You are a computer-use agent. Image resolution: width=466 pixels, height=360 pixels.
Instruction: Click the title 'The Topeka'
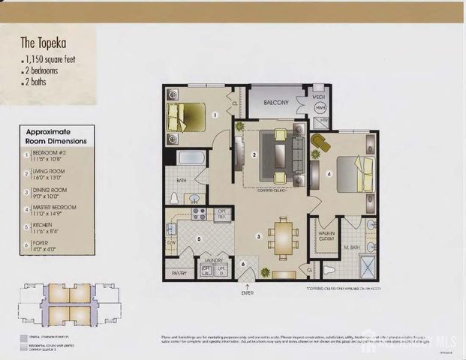[x=43, y=43]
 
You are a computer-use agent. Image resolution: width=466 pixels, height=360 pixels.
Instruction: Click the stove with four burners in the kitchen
[x=199, y=212]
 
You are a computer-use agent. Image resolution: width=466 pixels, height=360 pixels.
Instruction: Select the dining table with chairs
[x=284, y=236]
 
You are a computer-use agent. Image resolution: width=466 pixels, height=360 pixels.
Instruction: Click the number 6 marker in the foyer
[x=243, y=264]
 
